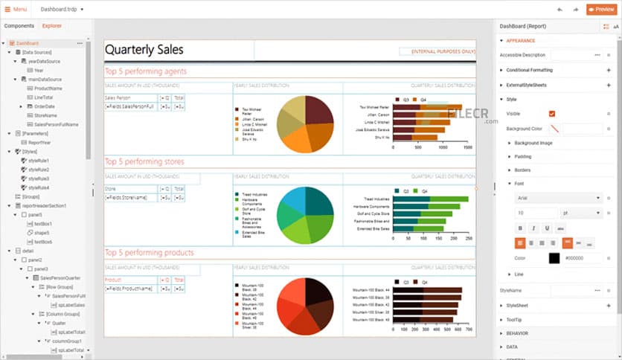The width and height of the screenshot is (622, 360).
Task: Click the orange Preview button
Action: (x=600, y=10)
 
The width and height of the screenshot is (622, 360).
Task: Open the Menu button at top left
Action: (x=16, y=10)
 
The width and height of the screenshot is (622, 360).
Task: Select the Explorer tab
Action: (x=52, y=26)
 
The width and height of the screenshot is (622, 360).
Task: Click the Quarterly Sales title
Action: (x=144, y=50)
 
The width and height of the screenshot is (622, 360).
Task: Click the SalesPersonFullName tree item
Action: (x=56, y=124)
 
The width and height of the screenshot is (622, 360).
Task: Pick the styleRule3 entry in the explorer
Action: (x=39, y=179)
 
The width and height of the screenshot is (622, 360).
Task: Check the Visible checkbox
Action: (x=552, y=114)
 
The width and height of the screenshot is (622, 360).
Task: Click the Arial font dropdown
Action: (x=559, y=198)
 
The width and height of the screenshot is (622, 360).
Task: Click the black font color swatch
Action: (x=554, y=258)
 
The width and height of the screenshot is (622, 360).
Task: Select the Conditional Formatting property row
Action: (x=530, y=70)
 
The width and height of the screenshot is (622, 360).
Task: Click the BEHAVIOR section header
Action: (x=517, y=333)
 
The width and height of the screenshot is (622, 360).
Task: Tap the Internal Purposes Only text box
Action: (x=437, y=52)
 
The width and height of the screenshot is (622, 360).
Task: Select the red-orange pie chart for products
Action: (x=304, y=306)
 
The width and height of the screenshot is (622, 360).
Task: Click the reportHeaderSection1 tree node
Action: (x=45, y=205)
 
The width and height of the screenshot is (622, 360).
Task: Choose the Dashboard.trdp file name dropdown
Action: (x=62, y=10)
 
